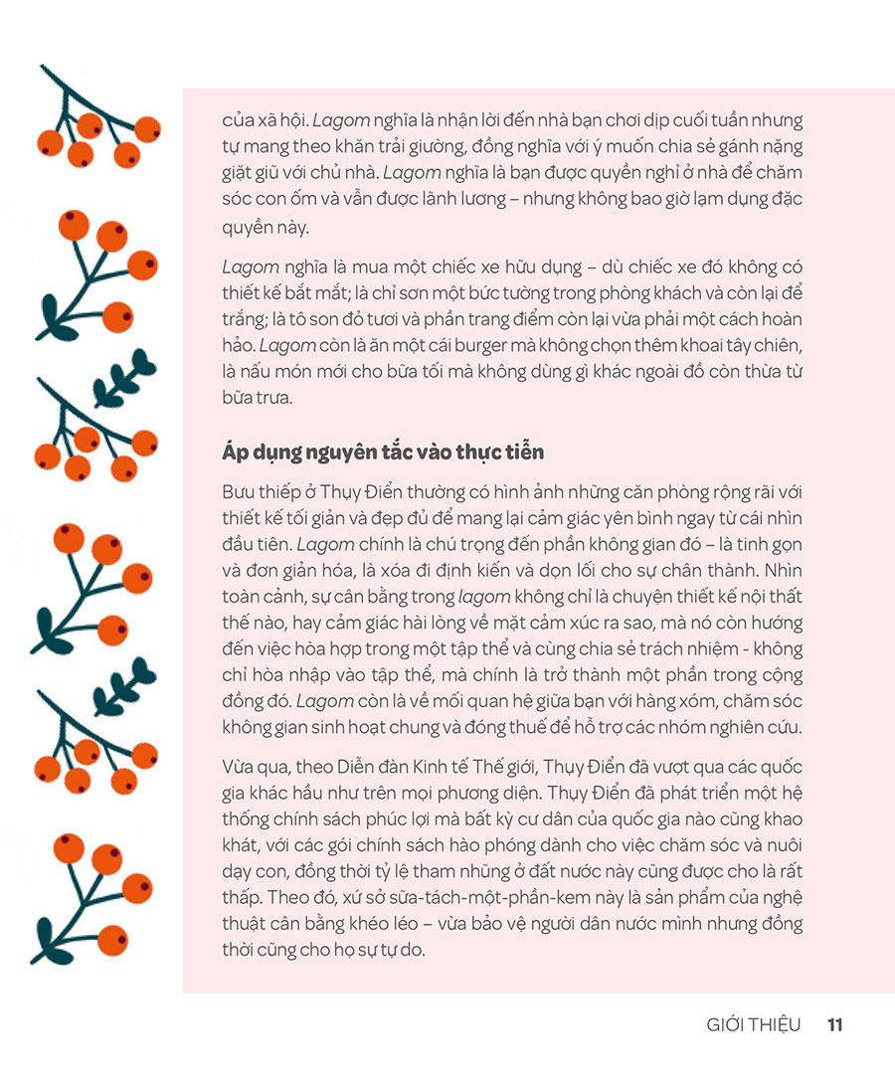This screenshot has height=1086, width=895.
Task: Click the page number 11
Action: click(x=835, y=1025)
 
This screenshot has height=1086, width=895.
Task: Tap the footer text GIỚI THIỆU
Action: click(x=753, y=1025)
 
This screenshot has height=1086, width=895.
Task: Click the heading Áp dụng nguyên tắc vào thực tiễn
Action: click(x=383, y=452)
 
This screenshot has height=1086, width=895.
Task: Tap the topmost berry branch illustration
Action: click(x=94, y=119)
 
